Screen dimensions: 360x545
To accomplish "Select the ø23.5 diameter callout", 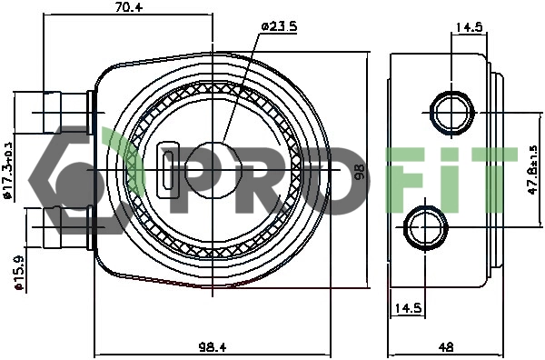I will pyautogui.click(x=279, y=26).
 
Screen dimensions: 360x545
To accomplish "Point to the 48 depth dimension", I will pyautogui.click(x=446, y=345).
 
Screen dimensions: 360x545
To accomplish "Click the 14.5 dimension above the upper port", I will pyautogui.click(x=468, y=27).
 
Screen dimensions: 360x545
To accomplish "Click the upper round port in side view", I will pyautogui.click(x=449, y=112).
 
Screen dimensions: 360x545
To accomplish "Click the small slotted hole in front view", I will pyautogui.click(x=170, y=169).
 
